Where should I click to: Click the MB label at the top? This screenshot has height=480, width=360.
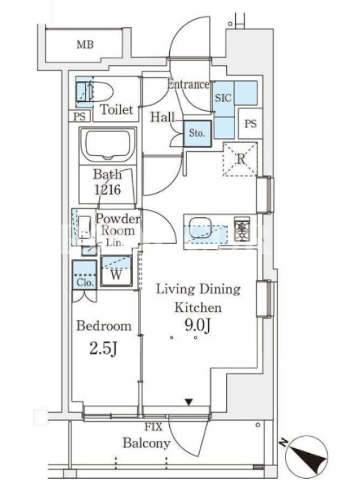click(x=85, y=44)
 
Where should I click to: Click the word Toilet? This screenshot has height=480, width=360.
click(x=117, y=109)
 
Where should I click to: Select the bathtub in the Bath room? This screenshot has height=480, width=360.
click(x=108, y=145)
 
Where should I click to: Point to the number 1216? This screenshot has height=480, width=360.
click(x=107, y=190)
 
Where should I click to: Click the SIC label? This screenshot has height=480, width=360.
click(x=223, y=98)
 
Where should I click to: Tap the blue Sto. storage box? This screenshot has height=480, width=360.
click(x=197, y=133)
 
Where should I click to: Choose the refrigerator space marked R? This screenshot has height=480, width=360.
click(x=241, y=159)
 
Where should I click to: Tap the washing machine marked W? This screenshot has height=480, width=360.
click(x=116, y=271)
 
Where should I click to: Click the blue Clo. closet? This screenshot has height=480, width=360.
click(x=85, y=275)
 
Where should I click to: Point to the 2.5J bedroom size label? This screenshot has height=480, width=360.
click(x=103, y=348)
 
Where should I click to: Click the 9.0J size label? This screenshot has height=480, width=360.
click(x=198, y=325)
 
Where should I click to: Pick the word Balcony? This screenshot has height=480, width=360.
click(x=146, y=443)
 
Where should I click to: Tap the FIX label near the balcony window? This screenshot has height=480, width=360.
click(x=154, y=427)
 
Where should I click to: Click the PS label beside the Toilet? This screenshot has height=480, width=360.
click(x=80, y=116)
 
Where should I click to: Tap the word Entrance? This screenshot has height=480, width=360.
click(x=188, y=84)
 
